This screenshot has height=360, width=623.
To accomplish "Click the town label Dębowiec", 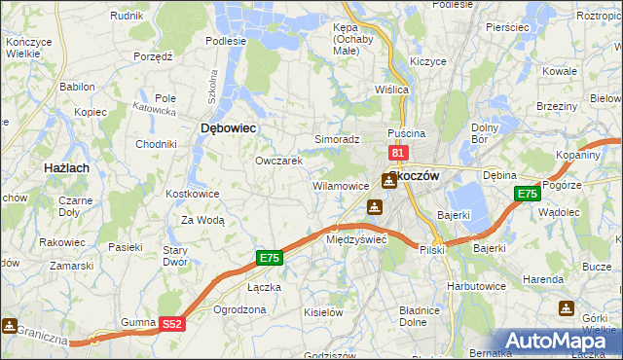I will click(x=228, y=127).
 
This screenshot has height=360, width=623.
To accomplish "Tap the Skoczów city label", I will click(x=415, y=175).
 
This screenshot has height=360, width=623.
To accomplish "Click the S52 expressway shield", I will click(x=171, y=325).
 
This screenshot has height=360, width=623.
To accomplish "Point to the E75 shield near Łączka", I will click(x=270, y=258).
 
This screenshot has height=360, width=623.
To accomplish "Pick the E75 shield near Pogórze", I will click(x=527, y=194).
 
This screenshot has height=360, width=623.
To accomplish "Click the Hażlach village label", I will click(x=68, y=168).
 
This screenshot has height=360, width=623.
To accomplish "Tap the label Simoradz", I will click(x=337, y=140).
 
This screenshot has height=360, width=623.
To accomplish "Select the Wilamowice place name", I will click(x=340, y=185).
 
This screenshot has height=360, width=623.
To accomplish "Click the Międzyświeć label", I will click(x=356, y=238).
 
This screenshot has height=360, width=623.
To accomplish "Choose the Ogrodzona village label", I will click(x=238, y=309).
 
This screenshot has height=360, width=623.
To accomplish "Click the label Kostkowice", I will click(x=193, y=194).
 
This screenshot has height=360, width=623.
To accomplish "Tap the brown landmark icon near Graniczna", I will click(x=10, y=325).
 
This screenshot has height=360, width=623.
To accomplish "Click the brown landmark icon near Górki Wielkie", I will click(x=567, y=308).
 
